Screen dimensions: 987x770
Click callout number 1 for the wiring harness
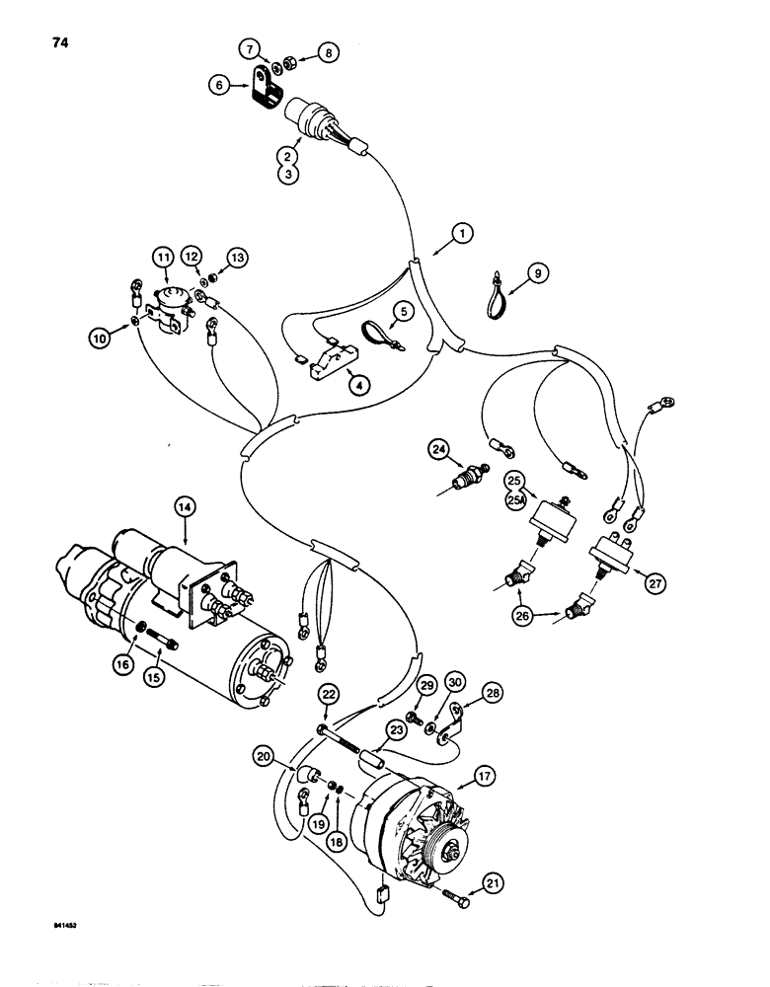pyautogui.click(x=461, y=234)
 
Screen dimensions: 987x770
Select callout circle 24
pyautogui.click(x=437, y=450)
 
